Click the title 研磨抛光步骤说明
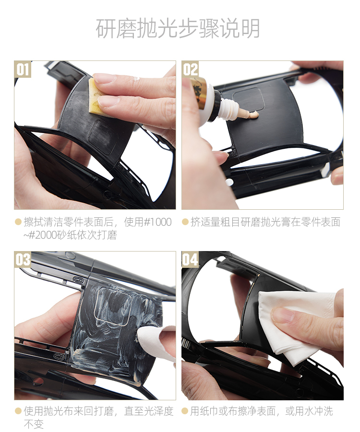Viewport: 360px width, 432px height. [178, 28]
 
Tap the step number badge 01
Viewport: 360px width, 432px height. [23, 69]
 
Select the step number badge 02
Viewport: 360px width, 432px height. [190, 69]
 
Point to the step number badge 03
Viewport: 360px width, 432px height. [23, 260]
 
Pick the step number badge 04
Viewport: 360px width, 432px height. [190, 260]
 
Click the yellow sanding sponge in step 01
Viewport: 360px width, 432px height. [96, 96]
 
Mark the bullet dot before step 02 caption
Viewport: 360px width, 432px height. [185, 222]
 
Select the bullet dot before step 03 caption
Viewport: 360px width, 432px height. [18, 411]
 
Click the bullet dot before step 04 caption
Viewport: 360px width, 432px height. [185, 411]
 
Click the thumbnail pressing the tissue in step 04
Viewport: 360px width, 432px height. [282, 314]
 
